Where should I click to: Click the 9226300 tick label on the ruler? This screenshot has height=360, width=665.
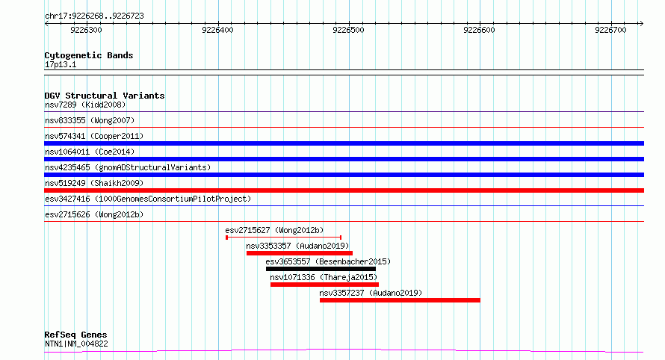pos(86,30)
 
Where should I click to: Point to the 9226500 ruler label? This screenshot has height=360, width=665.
pos(348,30)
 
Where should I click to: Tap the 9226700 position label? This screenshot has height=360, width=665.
pos(610,30)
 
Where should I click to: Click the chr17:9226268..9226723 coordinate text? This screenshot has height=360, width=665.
pos(95,16)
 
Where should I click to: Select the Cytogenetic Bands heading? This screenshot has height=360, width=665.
pos(89,55)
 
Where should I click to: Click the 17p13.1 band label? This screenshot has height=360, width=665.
pos(61,65)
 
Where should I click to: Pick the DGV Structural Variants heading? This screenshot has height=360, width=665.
pos(105,96)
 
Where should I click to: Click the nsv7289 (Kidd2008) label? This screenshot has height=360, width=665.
pos(85,105)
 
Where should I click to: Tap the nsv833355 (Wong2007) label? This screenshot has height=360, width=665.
pos(90,121)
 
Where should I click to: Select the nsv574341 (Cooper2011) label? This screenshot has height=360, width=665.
pos(94,137)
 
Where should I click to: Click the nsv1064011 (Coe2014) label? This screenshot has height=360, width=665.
pos(90,152)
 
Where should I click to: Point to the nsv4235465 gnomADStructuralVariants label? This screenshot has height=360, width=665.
pos(128,168)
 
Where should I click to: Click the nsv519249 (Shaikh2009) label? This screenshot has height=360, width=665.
pos(94,184)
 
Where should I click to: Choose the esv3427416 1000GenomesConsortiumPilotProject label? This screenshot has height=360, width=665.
pos(148,199)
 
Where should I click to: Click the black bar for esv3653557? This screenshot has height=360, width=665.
pos(321,269)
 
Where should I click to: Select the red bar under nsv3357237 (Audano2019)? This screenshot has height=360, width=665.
pos(400,300)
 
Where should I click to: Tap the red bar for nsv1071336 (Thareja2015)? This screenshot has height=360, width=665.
pos(324,285)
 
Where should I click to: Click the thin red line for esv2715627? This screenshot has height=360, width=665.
pos(284,238)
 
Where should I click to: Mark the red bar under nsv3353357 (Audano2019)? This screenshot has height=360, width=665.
pos(300,253)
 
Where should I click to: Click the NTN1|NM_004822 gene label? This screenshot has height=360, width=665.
pos(76,344)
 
